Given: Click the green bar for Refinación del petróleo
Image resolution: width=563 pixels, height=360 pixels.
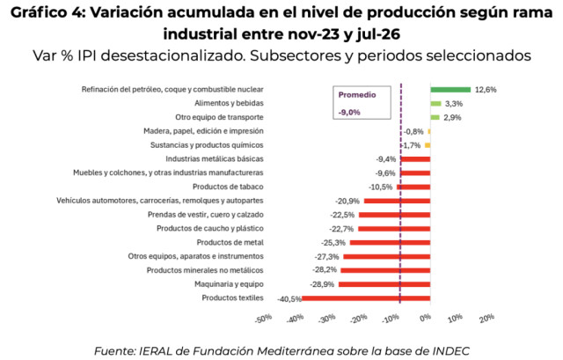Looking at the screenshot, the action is click(x=450, y=90).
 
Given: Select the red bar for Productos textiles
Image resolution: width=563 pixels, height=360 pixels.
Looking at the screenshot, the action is click(x=366, y=298).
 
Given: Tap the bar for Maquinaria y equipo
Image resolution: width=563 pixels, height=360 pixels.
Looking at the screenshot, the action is click(x=384, y=284).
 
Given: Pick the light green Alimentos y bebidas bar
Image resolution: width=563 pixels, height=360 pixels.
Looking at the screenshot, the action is click(x=436, y=104).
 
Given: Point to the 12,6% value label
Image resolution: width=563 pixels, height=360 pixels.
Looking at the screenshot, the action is click(x=486, y=90).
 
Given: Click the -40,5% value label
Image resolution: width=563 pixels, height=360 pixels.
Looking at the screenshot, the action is click(x=289, y=299).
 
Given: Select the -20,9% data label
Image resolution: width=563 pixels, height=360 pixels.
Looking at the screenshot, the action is click(x=347, y=202).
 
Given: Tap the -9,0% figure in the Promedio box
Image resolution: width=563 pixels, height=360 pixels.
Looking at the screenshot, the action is click(x=349, y=113).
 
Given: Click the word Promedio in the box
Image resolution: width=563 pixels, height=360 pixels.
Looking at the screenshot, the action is click(x=357, y=95).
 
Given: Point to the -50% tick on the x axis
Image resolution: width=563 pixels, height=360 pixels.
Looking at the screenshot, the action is click(x=264, y=319).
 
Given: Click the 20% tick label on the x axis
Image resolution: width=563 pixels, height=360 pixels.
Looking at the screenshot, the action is click(x=486, y=318).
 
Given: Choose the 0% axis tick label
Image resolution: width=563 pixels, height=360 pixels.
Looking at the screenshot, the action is click(x=425, y=318).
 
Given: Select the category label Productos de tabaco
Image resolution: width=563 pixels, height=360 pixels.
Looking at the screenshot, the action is click(x=228, y=187).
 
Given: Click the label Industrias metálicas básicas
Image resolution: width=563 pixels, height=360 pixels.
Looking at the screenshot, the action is click(x=215, y=159).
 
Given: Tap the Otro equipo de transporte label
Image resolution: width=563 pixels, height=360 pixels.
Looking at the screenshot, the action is click(x=219, y=117).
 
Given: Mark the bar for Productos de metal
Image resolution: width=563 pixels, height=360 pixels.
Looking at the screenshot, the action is click(x=391, y=243).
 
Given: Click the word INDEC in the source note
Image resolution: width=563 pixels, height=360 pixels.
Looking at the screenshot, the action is click(x=451, y=351).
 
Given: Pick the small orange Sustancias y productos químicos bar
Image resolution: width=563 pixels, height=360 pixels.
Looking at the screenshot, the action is click(x=428, y=145).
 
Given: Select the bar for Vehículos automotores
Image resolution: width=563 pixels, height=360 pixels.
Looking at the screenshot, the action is click(x=397, y=202).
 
